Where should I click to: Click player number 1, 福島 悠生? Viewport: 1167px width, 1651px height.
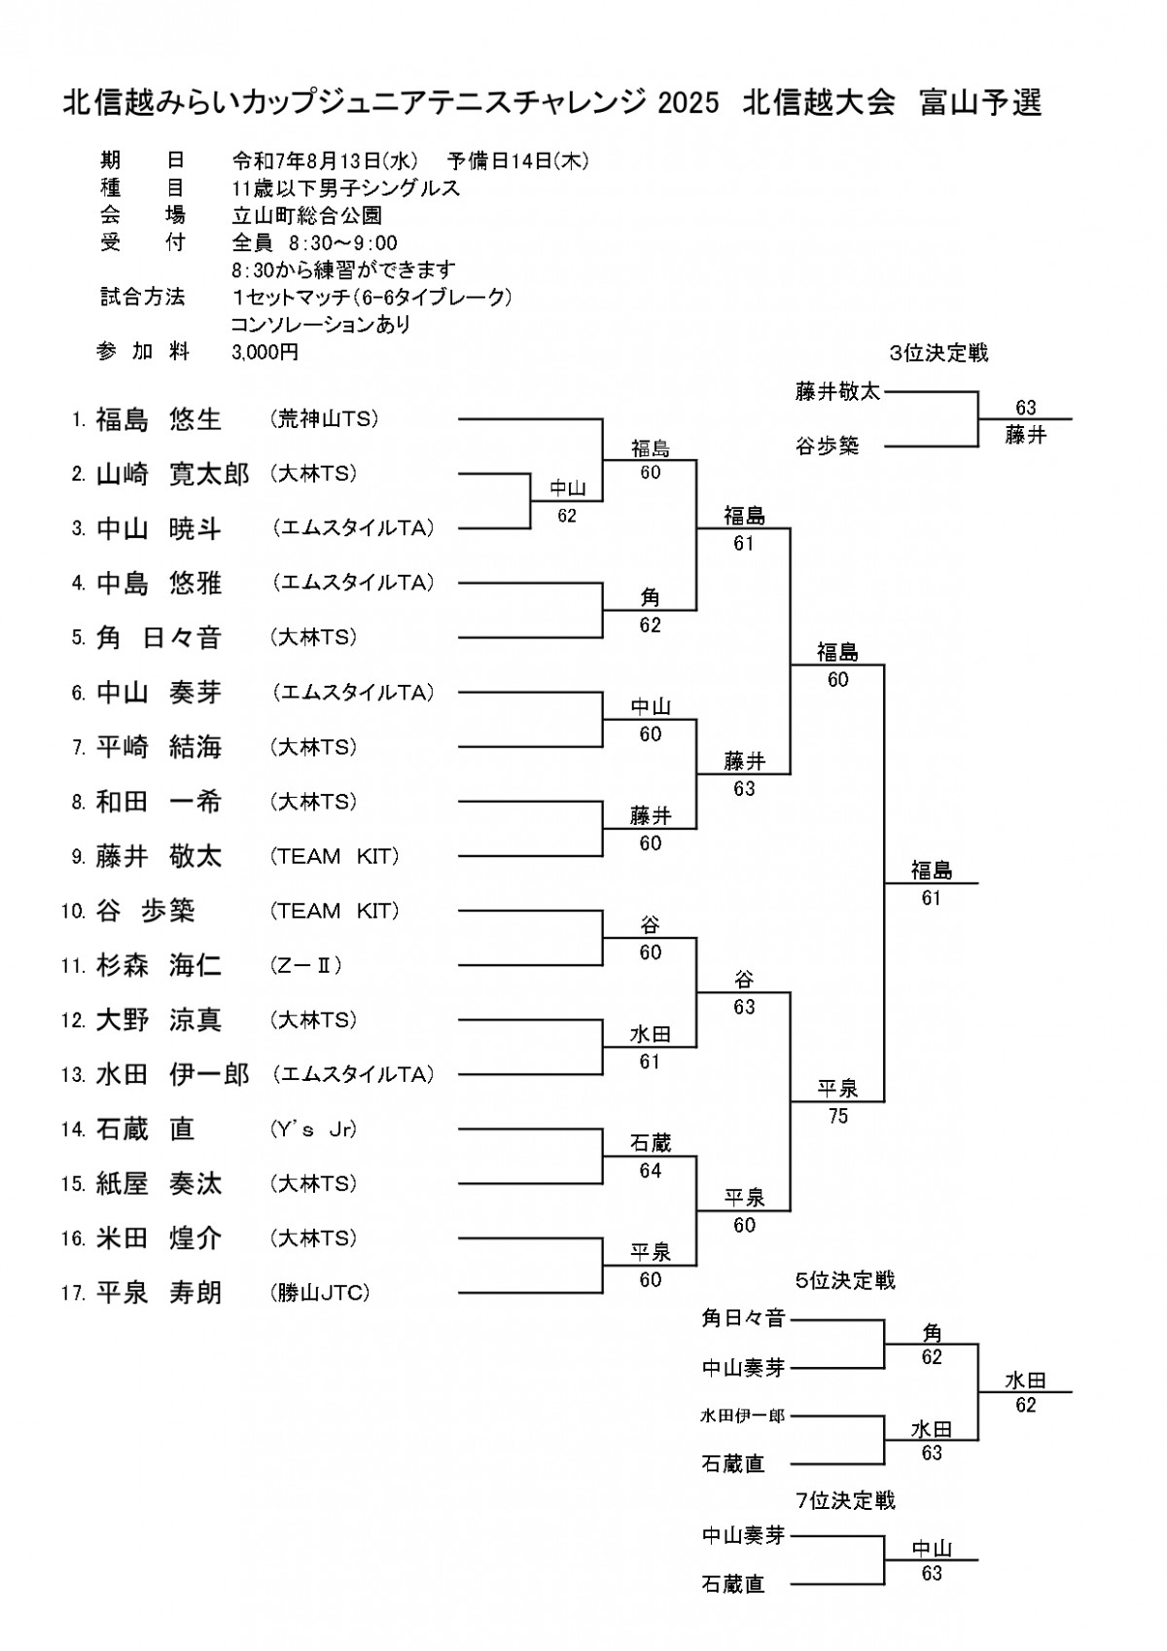[148, 419]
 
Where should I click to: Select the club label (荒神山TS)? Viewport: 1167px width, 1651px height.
[324, 418]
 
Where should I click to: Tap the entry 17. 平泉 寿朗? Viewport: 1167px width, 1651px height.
[141, 1293]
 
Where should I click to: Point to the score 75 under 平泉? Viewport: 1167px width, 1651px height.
[837, 1116]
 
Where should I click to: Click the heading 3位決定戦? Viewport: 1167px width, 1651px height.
[938, 354]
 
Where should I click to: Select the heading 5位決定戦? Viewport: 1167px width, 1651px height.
[845, 1280]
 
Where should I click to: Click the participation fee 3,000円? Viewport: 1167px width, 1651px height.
[265, 352]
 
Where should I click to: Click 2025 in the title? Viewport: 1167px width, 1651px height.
[689, 103]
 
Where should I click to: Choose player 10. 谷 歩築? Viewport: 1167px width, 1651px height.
[127, 911]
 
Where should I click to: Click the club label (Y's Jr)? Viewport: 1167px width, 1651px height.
[313, 1129]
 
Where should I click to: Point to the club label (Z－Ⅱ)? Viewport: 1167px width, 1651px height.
[305, 965]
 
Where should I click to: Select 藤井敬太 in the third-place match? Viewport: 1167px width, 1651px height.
[837, 391]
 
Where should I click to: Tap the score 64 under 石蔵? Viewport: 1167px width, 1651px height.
[650, 1170]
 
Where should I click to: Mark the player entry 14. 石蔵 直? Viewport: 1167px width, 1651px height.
[127, 1130]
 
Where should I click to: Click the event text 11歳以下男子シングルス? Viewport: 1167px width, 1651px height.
[345, 188]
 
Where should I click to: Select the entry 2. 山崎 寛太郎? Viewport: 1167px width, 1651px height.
[160, 474]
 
